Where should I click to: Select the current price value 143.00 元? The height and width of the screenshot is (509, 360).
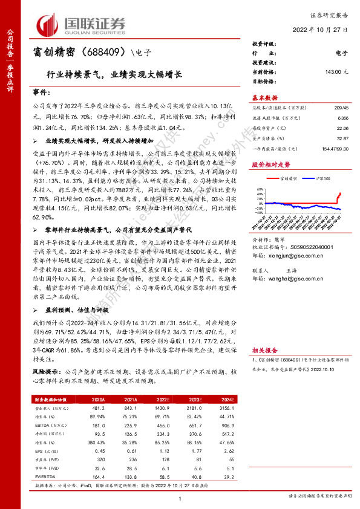(336, 71)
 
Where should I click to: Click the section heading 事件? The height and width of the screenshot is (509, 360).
(41, 93)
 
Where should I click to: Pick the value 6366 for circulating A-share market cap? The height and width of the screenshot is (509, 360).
(342, 118)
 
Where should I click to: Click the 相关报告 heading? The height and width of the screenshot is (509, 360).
(264, 349)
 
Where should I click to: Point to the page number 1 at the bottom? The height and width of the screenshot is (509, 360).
(180, 498)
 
